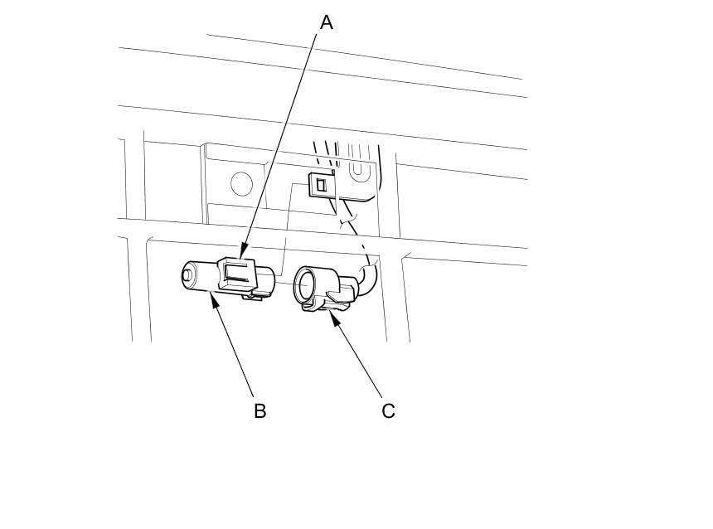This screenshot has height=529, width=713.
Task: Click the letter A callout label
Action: pyautogui.click(x=327, y=22)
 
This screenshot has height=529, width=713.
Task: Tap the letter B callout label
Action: pyautogui.click(x=259, y=410)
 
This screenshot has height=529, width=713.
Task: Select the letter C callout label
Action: pyautogui.click(x=388, y=410)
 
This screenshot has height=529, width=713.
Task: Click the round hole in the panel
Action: pyautogui.click(x=241, y=183)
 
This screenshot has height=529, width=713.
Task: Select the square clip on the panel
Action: pyautogui.click(x=319, y=184)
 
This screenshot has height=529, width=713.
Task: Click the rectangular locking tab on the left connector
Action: pyautogui.click(x=236, y=269)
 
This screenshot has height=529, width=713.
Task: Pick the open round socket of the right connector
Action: pyautogui.click(x=305, y=284)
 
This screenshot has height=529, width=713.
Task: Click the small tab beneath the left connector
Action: pyautogui.click(x=251, y=294)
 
